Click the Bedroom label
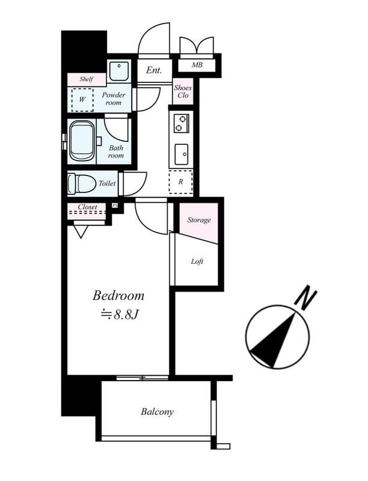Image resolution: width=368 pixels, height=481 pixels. point(118,296)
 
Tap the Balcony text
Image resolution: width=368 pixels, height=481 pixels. point(157,411)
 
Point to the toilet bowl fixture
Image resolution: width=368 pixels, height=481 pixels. point(81,183)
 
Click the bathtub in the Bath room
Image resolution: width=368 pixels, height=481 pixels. point(82,141)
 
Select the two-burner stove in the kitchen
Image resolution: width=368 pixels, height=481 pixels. point(180,123)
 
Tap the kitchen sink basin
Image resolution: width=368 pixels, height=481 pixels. point(181,154)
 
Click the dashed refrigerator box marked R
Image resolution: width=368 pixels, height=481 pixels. point(180,182)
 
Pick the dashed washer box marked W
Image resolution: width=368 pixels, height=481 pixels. point(82,100)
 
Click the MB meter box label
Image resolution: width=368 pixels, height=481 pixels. point(197,65)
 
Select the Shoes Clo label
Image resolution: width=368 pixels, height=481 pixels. point(183,91)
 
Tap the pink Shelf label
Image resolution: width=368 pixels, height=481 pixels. point(87,79)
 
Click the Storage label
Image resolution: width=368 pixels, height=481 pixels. point(199,220)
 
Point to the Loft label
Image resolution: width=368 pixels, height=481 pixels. point(197,262)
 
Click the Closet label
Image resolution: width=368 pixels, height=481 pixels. point(87,207)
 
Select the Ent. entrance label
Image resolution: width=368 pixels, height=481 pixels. point(154,70)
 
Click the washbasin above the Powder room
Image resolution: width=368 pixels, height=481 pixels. point(119,71)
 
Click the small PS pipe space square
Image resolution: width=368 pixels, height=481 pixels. point(115,205)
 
